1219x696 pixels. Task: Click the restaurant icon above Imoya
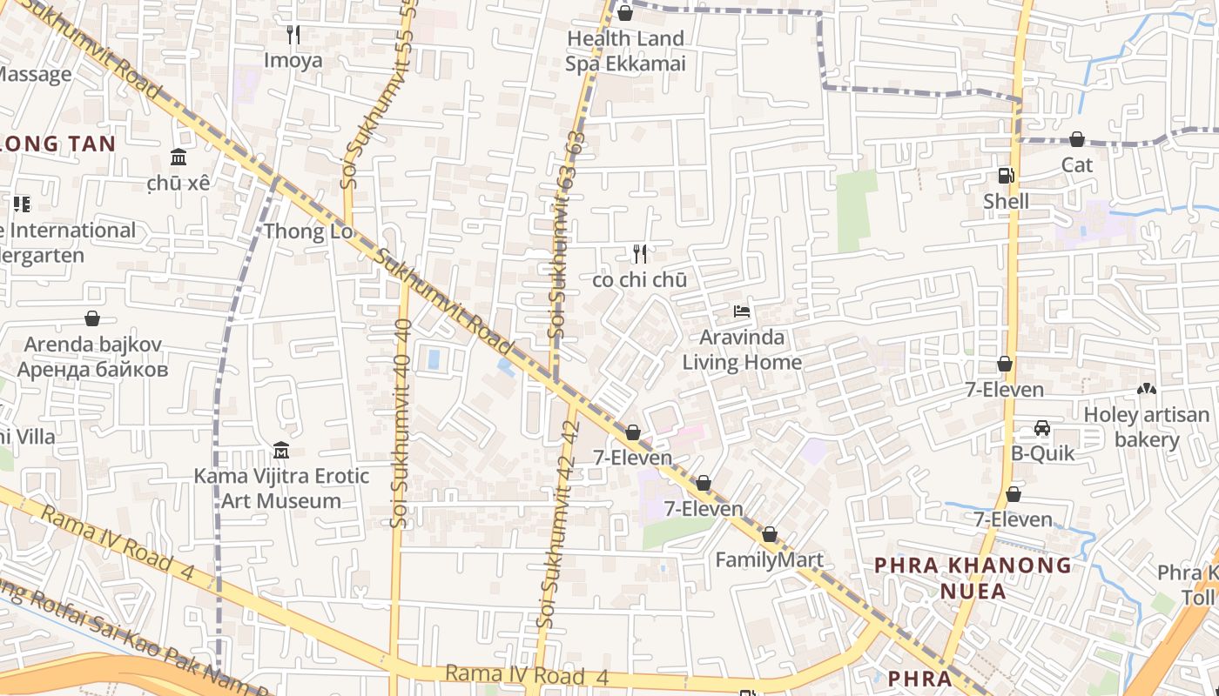point(293,35)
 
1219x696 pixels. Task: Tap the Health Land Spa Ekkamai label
point(625,50)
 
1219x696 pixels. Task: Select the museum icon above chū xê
point(178,157)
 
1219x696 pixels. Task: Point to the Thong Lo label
point(308,231)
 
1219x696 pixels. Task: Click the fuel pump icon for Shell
point(1006,176)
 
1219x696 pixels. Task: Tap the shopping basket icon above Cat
point(1077,139)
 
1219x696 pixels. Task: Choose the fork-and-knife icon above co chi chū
point(640,254)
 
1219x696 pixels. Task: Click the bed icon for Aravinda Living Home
point(742,311)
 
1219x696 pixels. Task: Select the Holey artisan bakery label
point(1146,427)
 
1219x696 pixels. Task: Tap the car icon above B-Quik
point(1042,428)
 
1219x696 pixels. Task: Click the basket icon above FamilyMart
point(770,534)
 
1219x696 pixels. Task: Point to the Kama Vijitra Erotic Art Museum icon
point(281,451)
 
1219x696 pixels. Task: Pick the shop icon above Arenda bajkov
point(92,318)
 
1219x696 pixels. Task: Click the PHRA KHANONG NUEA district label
point(973,578)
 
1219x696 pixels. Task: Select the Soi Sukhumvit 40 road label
point(401,422)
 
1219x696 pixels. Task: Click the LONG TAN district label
point(57,144)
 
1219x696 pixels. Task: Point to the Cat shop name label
point(1077,164)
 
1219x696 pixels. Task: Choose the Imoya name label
point(293,60)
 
